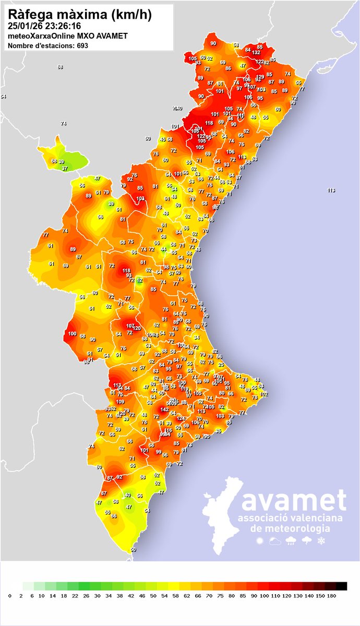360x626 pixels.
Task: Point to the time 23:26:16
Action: click(x=64, y=26)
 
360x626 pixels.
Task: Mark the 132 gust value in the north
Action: click(x=256, y=53)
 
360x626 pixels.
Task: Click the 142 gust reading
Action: click(x=164, y=410)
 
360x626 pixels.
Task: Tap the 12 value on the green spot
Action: click(x=139, y=280)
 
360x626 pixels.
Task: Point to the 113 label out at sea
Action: click(x=331, y=190)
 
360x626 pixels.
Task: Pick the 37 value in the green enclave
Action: click(x=65, y=168)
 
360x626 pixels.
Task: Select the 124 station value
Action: click(x=181, y=418)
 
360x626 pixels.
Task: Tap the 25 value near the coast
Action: click(x=221, y=365)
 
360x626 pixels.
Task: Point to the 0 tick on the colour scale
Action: click(x=10, y=595)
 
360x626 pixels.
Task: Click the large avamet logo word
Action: click(x=294, y=501)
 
